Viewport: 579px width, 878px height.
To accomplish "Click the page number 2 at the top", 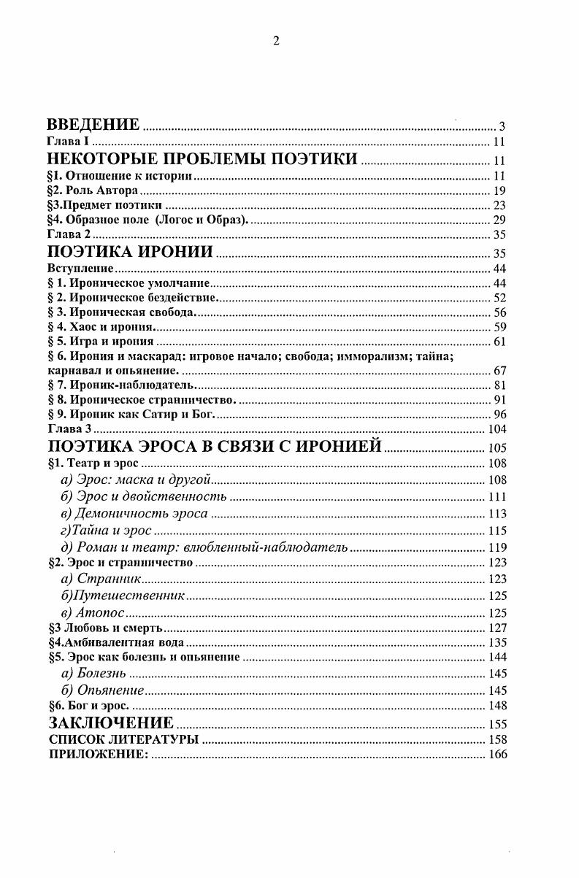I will pos(277,41).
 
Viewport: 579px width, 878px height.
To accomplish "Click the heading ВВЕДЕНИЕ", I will pos(93,124).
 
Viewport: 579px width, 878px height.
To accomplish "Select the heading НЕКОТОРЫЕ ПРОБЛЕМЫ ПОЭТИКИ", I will pos(202,160).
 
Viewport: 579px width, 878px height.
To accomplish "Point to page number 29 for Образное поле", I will pos(499,220).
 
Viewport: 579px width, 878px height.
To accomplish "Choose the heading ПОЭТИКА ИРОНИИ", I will pos(129,253).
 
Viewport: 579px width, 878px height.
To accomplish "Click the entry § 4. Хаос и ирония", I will pos(98,326).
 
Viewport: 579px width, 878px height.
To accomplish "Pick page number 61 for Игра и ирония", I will pos(499,342).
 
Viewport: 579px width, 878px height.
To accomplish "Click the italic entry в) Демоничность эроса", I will pos(134,513).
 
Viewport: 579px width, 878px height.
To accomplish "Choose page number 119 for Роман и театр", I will pos(496,547).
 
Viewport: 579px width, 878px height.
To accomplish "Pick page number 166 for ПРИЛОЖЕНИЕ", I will pos(496,755).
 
